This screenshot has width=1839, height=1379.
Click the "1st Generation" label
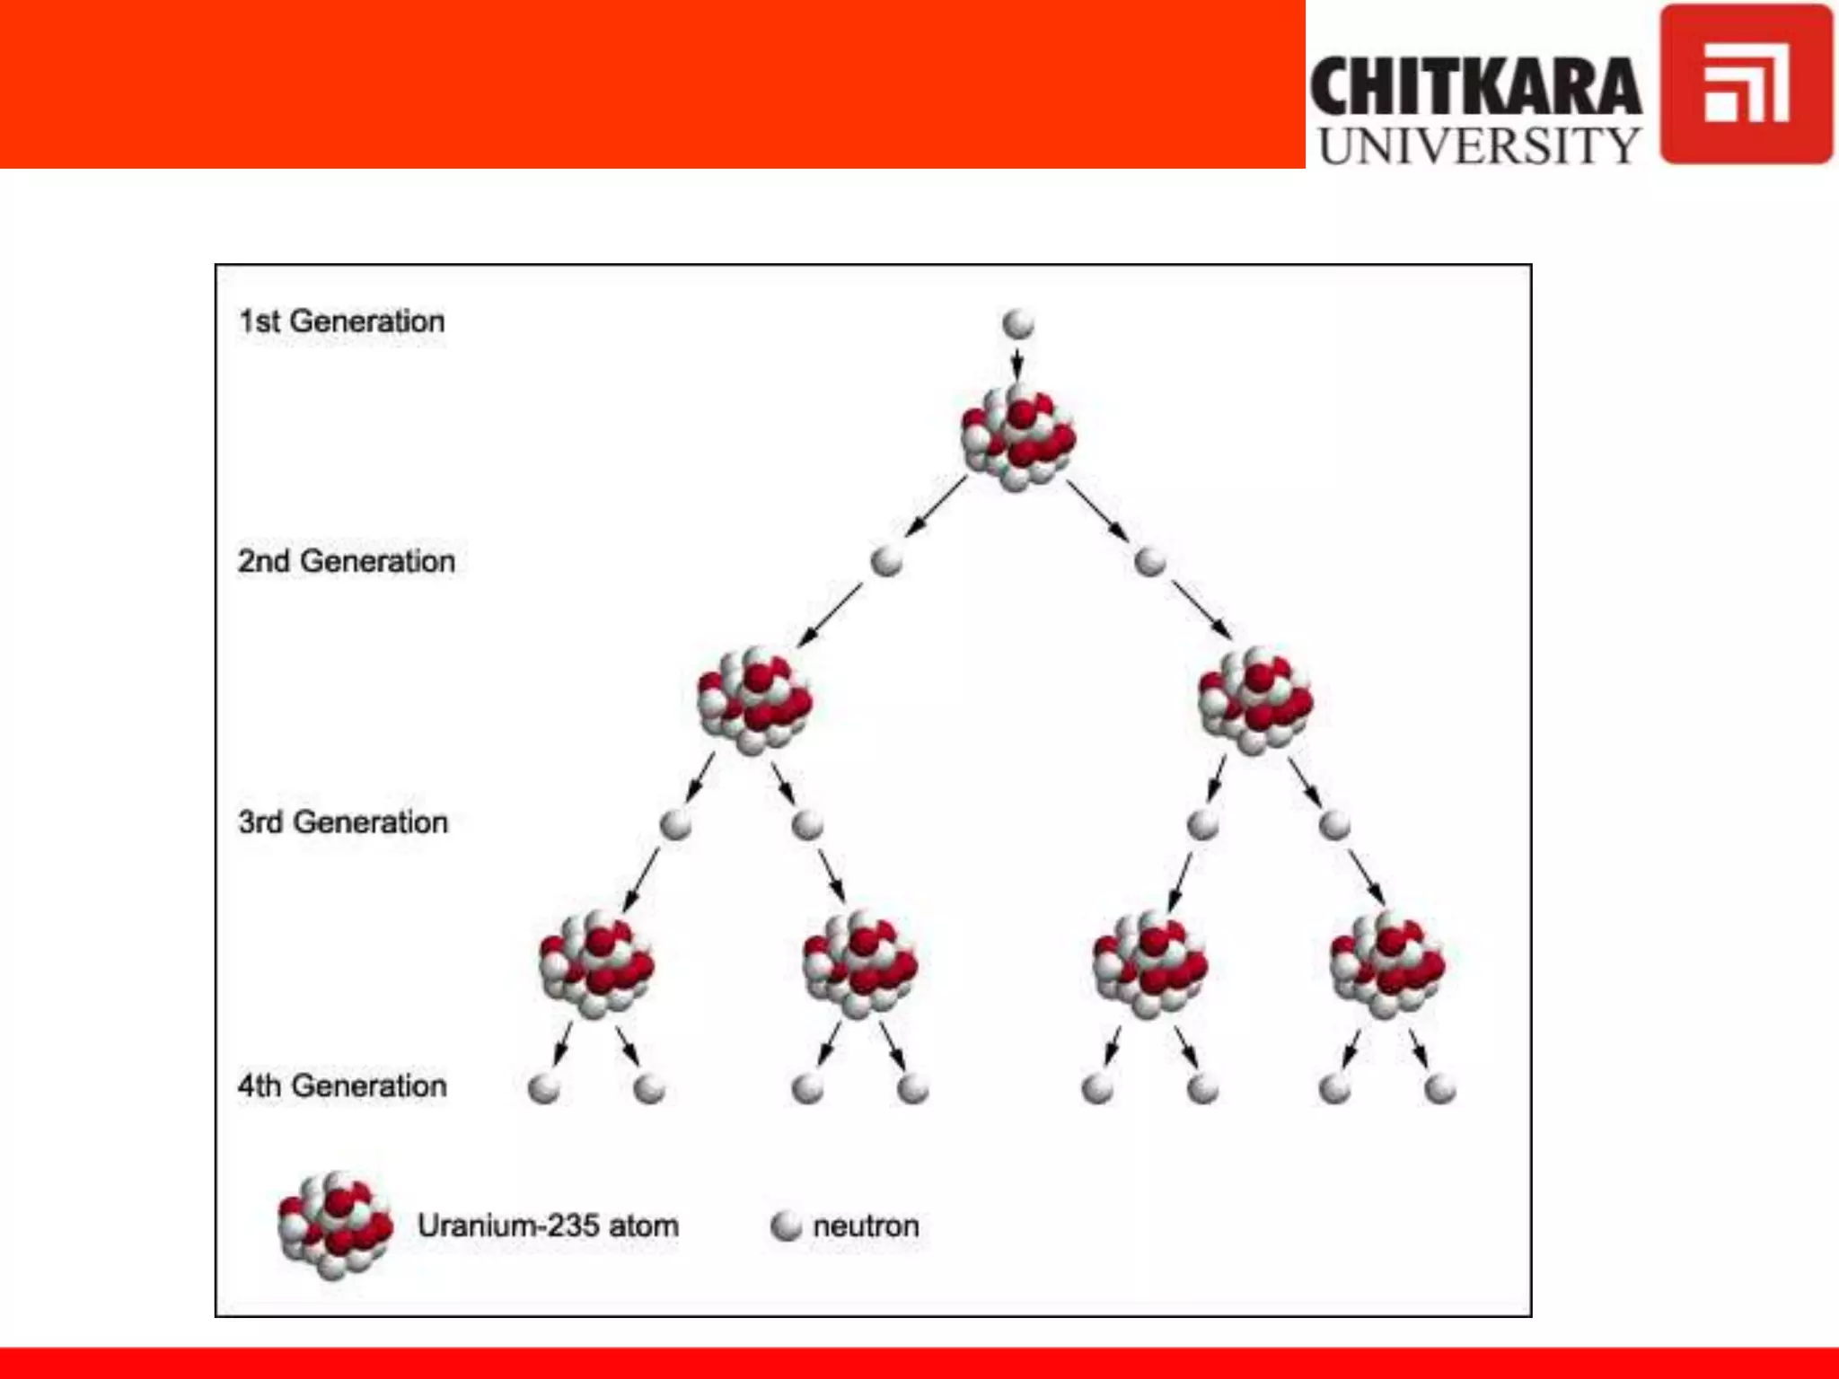(x=341, y=321)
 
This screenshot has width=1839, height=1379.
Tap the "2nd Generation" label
(x=346, y=561)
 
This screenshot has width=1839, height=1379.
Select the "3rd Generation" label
(x=342, y=822)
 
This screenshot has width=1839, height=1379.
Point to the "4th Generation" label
(x=341, y=1085)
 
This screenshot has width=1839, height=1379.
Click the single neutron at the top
(x=1017, y=323)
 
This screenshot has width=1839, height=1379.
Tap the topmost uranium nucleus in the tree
(x=1017, y=438)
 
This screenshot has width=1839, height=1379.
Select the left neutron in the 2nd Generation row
(x=886, y=561)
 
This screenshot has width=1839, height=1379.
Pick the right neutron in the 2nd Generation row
(x=1149, y=561)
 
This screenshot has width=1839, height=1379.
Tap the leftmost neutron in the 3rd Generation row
(x=675, y=823)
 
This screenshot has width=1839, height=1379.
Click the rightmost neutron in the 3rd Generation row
(x=1334, y=823)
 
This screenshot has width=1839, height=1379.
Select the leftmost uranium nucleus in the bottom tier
(x=596, y=964)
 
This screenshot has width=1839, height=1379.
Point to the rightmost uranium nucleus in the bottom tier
(x=1387, y=964)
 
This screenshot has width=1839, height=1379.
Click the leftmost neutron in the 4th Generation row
(x=544, y=1088)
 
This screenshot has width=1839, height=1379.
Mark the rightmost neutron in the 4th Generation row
(x=1439, y=1088)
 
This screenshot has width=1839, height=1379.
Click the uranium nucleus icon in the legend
(x=335, y=1225)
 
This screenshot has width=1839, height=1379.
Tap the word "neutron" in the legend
(x=866, y=1225)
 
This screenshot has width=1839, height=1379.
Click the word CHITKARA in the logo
(x=1475, y=87)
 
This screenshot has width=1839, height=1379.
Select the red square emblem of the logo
(x=1746, y=84)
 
